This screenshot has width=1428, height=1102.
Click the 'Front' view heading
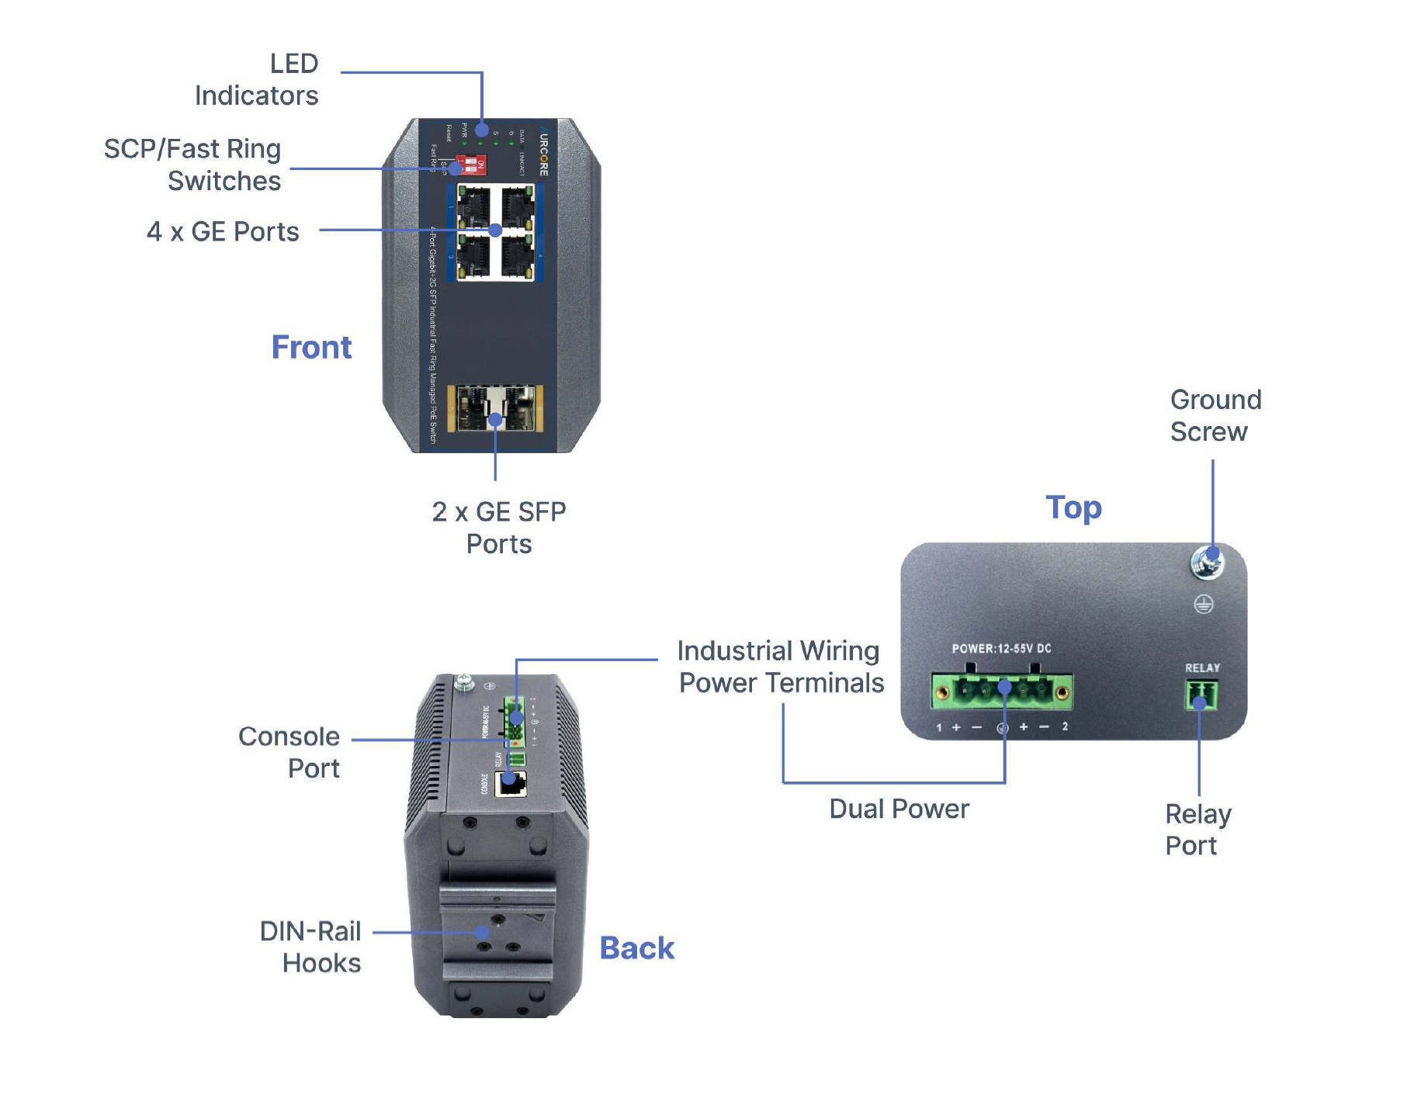tap(311, 347)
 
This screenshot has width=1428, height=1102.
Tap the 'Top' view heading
tap(1073, 508)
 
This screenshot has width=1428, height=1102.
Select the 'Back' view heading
tap(636, 948)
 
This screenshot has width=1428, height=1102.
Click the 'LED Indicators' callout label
tap(257, 79)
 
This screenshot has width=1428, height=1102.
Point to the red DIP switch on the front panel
tap(471, 165)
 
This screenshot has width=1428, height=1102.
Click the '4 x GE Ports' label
tap(223, 231)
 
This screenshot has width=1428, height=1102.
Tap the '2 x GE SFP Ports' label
tap(499, 528)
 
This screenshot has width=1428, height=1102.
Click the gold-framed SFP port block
tap(495, 408)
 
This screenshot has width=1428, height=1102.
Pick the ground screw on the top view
tap(1207, 562)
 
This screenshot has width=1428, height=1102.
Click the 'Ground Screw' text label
tap(1215, 415)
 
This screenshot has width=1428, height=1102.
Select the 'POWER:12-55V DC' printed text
tap(1001, 648)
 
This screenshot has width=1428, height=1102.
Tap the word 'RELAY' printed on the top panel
tap(1202, 667)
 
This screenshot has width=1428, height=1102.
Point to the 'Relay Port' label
tap(1198, 830)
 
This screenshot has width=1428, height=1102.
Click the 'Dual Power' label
tap(899, 809)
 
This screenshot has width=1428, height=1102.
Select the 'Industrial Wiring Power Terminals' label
tap(780, 667)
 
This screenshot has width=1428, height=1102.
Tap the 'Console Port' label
tap(289, 752)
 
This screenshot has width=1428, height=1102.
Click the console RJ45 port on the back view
tap(511, 784)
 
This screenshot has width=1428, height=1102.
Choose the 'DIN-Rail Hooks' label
tap(310, 947)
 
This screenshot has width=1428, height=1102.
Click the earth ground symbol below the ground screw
tap(1203, 604)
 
